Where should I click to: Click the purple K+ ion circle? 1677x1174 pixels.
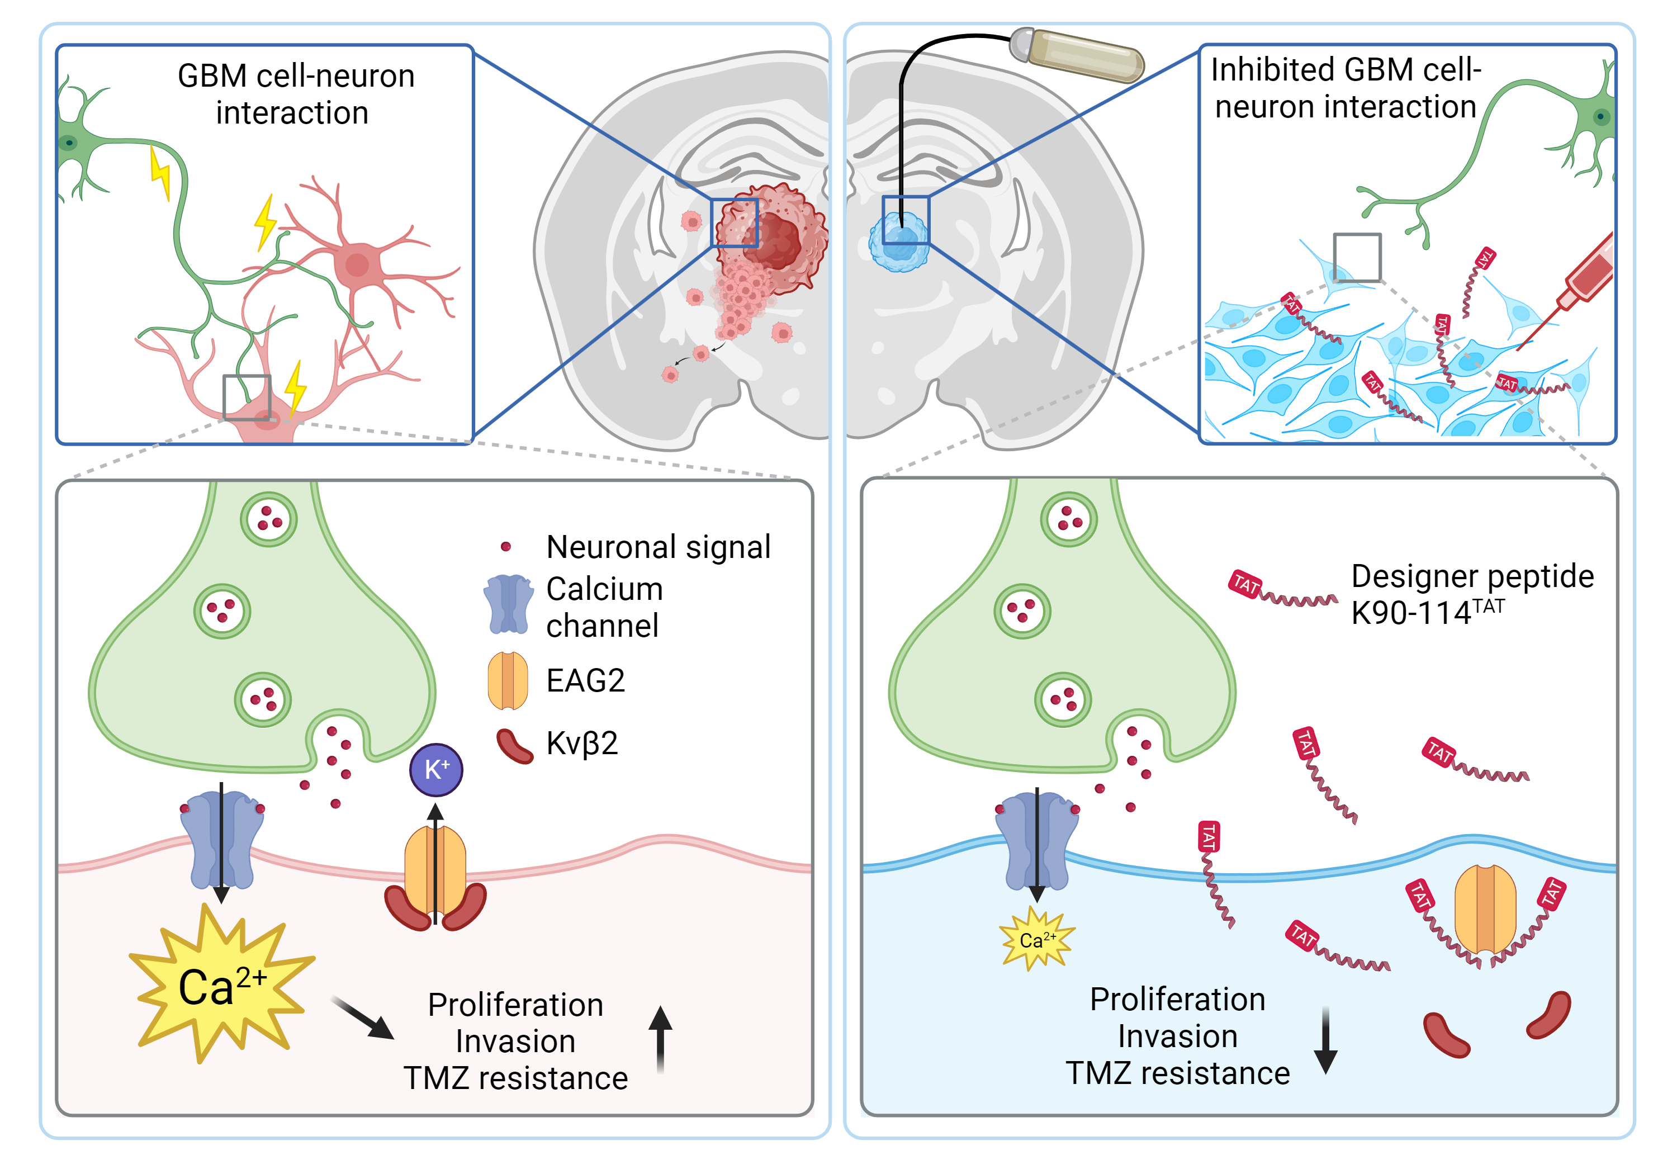pyautogui.click(x=436, y=769)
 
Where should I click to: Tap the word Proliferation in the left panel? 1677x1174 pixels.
pyautogui.click(x=515, y=1005)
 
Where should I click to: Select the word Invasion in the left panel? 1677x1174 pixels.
pyautogui.click(x=515, y=1042)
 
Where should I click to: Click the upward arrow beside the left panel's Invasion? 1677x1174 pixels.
pyautogui.click(x=660, y=1038)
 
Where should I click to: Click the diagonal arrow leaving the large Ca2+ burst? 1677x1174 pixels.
pyautogui.click(x=363, y=1016)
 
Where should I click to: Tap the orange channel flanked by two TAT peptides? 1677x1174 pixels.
pyautogui.click(x=1485, y=910)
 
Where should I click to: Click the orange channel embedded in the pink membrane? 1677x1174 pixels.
pyautogui.click(x=435, y=869)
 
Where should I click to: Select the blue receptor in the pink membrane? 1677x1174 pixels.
pyautogui.click(x=222, y=840)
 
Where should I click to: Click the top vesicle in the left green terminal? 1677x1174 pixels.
pyautogui.click(x=269, y=519)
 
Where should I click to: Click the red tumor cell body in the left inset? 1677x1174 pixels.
pyautogui.click(x=357, y=264)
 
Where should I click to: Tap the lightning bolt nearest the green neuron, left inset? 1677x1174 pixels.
pyautogui.click(x=160, y=172)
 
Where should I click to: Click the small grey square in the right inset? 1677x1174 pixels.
pyautogui.click(x=1357, y=257)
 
